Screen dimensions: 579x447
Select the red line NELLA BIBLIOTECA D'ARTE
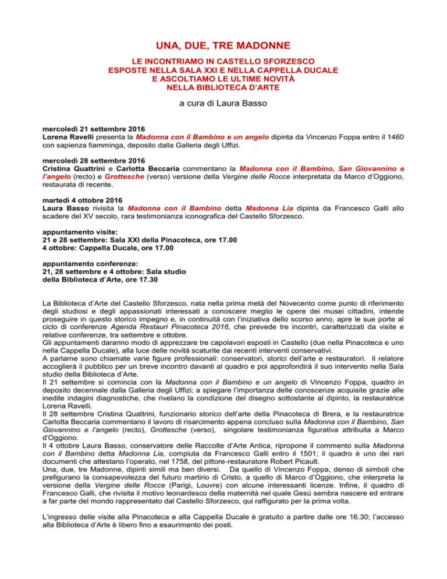pyautogui.click(x=223, y=88)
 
